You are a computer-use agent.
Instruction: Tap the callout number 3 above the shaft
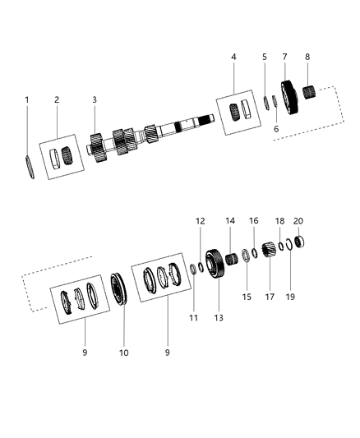(x=95, y=100)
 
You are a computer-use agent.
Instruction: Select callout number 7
(x=284, y=57)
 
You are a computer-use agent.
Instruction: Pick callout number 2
(x=57, y=100)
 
